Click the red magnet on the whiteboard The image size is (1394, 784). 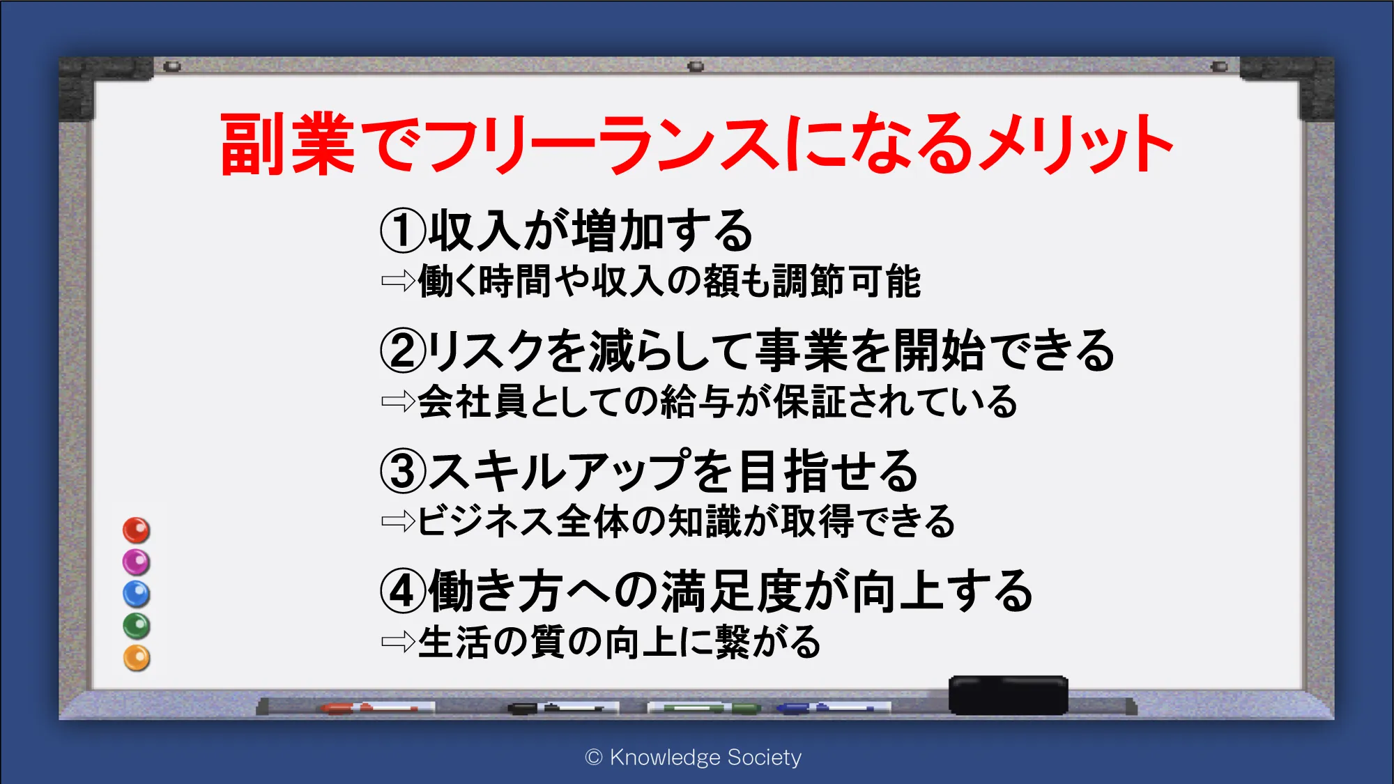pyautogui.click(x=137, y=530)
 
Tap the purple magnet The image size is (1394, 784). pyautogui.click(x=137, y=562)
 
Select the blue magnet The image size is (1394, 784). pyautogui.click(x=137, y=594)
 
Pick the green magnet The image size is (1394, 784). pyautogui.click(x=137, y=626)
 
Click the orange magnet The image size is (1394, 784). pyautogui.click(x=137, y=658)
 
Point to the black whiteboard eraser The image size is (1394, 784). pyautogui.click(x=1008, y=695)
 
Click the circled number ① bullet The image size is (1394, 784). pyautogui.click(x=403, y=231)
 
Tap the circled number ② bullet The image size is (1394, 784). pyautogui.click(x=403, y=351)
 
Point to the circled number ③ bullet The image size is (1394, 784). pyautogui.click(x=403, y=470)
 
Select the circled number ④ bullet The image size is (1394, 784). pyautogui.click(x=403, y=591)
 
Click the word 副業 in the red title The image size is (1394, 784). pyautogui.click(x=288, y=144)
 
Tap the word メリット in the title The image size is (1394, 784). pyautogui.click(x=1076, y=144)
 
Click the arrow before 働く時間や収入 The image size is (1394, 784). pyautogui.click(x=398, y=281)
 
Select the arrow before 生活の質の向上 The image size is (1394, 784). pyautogui.click(x=398, y=641)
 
